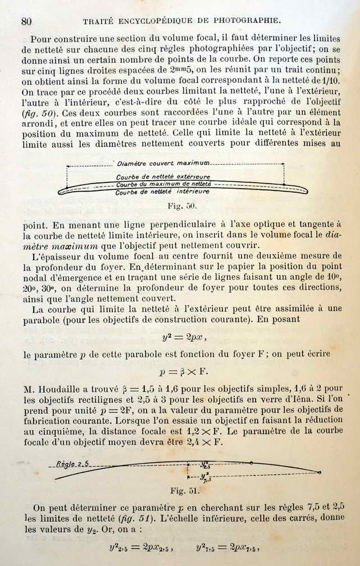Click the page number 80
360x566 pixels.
pos(26,21)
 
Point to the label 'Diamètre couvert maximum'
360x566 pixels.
pos(163,163)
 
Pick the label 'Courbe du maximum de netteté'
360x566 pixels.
pos(163,184)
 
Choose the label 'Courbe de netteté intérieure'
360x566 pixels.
pos(162,191)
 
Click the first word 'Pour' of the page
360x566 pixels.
pos(40,39)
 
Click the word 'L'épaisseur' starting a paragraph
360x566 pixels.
pos(54,256)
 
